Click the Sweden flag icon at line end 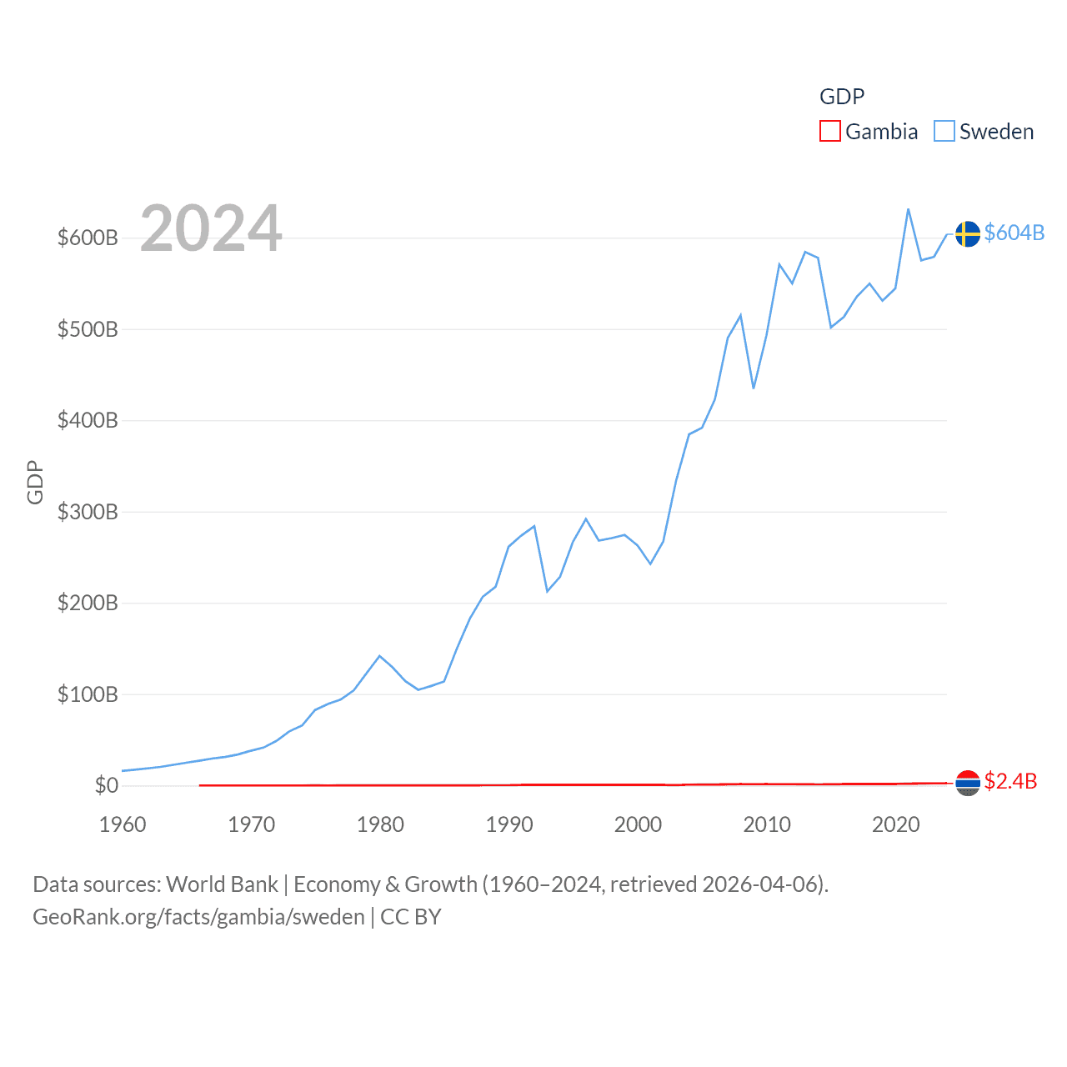click(967, 234)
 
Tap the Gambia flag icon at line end click(967, 783)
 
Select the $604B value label click(1014, 233)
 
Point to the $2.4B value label click(1010, 781)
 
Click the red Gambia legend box click(830, 132)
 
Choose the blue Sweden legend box click(944, 132)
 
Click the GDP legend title click(842, 97)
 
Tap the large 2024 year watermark click(211, 228)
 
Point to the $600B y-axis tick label click(88, 238)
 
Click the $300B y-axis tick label click(88, 512)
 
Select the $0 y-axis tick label click(106, 785)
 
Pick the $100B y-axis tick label click(88, 694)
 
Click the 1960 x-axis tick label click(123, 825)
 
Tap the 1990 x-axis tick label click(509, 825)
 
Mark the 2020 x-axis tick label click(895, 825)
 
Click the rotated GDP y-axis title click(35, 482)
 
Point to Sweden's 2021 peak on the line click(908, 209)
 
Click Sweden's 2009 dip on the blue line click(754, 388)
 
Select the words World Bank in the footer click(222, 884)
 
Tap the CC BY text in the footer click(411, 917)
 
